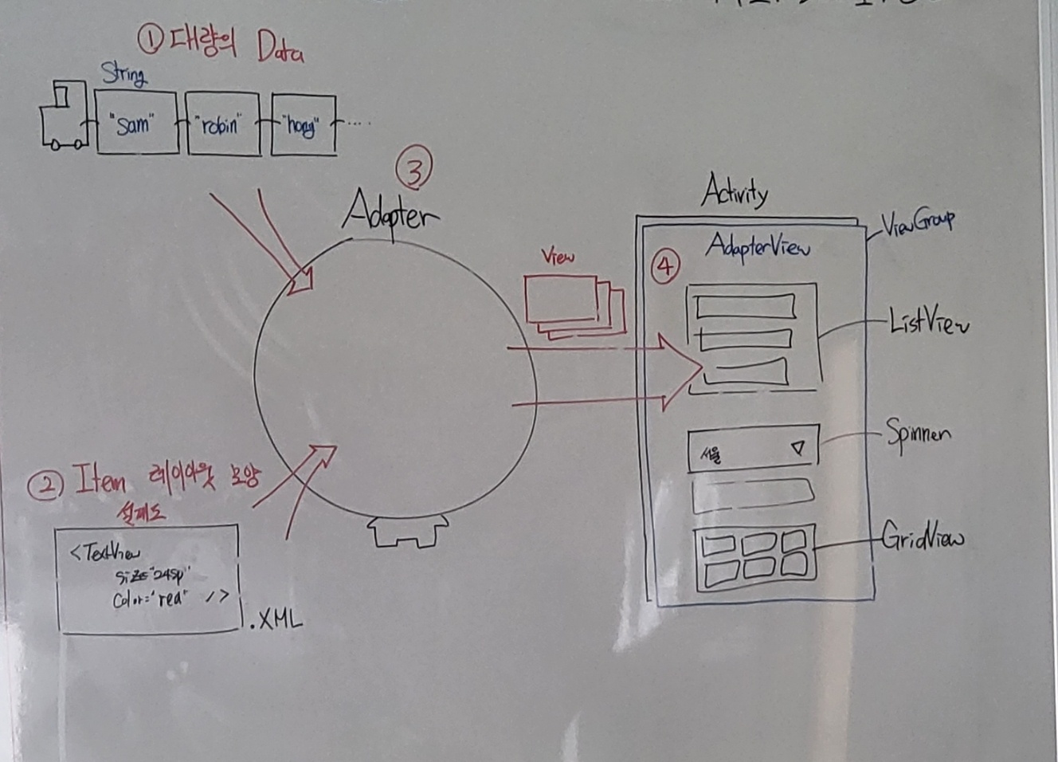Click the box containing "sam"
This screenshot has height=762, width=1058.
[136, 123]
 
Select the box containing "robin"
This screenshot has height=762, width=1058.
[222, 124]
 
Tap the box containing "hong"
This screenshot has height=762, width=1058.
[304, 124]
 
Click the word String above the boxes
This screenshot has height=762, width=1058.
[123, 74]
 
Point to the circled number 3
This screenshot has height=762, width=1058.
[414, 169]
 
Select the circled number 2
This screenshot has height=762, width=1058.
[45, 485]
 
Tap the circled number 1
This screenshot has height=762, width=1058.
[150, 37]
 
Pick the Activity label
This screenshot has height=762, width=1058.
[735, 191]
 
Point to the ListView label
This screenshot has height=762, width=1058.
[928, 321]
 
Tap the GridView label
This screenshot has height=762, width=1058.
[923, 538]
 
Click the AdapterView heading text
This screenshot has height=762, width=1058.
[757, 246]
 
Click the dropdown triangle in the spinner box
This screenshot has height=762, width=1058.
[798, 449]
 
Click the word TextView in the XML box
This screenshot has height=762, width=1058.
[106, 552]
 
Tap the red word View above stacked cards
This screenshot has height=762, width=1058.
[558, 257]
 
